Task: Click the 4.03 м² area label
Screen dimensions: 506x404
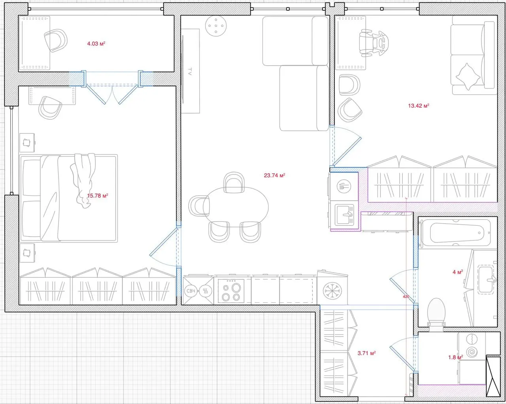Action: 96,44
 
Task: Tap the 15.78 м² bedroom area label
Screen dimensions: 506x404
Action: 98,195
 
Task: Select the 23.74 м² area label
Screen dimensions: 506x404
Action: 274,175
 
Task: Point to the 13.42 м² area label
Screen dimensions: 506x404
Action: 419,106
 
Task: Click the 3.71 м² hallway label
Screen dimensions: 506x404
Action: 366,353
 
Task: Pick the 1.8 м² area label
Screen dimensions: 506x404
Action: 455,357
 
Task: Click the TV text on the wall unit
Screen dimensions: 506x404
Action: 190,71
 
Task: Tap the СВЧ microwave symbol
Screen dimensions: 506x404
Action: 191,291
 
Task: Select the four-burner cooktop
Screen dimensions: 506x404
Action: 231,291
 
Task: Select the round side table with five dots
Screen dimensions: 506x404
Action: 216,26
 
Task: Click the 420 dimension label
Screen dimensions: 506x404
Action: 406,297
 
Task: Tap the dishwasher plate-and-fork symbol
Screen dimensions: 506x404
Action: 344,186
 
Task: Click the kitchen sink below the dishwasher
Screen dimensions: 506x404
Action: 344,215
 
